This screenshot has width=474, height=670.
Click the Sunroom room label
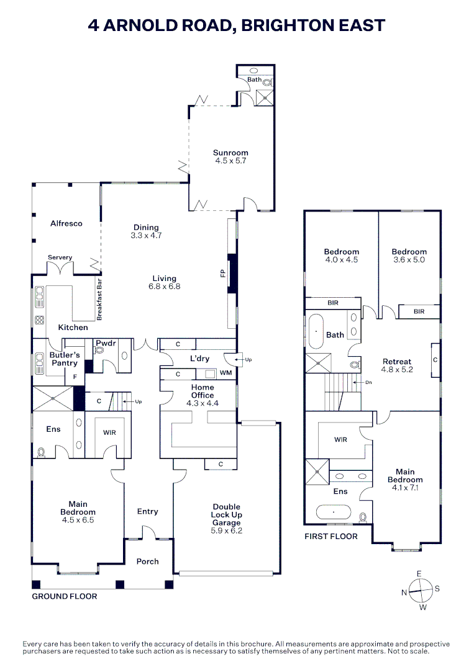(230, 153)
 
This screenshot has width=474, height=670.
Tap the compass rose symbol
(421, 589)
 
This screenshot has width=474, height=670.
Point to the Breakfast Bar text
(99, 299)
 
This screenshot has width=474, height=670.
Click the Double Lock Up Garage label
(226, 515)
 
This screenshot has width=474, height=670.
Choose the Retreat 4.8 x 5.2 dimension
(396, 370)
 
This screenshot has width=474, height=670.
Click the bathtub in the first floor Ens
(334, 513)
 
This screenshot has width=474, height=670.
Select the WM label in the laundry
(226, 373)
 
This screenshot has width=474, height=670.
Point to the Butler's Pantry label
(63, 359)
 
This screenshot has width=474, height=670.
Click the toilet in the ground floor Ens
(41, 452)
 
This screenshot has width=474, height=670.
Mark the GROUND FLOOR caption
(65, 596)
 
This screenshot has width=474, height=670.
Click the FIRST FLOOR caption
(330, 536)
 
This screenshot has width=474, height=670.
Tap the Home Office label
(203, 391)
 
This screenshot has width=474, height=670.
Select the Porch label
(147, 561)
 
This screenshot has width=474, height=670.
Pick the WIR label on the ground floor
(109, 432)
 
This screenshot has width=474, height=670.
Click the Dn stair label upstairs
(368, 383)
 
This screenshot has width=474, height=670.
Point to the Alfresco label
(66, 223)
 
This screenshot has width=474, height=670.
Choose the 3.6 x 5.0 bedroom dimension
(409, 260)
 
